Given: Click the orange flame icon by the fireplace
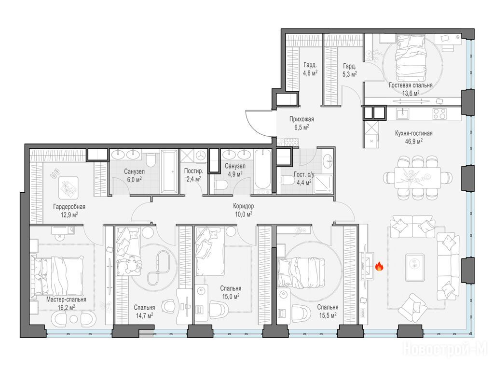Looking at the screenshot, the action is (x=379, y=267).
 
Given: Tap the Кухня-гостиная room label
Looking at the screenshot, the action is (x=413, y=133).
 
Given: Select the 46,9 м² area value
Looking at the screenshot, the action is (x=413, y=142).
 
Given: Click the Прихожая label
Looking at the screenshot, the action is (x=302, y=119).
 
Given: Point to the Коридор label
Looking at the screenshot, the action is (x=243, y=206).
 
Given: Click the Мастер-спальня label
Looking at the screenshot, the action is (x=66, y=300).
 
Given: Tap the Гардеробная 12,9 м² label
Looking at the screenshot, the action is (x=69, y=211).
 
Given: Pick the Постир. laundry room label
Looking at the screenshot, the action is (x=193, y=171).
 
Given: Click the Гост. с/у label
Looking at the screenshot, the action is (x=304, y=174).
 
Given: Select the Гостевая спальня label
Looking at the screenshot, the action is (x=411, y=85).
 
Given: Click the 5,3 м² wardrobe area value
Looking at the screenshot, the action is (x=350, y=74).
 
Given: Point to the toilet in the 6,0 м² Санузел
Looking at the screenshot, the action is (x=151, y=159).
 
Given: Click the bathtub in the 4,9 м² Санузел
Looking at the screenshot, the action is (x=262, y=171).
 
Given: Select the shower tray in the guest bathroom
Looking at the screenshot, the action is (x=323, y=184).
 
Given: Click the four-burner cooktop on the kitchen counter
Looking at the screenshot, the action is (x=439, y=114).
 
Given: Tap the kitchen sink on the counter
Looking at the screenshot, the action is (x=402, y=114).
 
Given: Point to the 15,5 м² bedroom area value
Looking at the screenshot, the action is (x=328, y=315).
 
